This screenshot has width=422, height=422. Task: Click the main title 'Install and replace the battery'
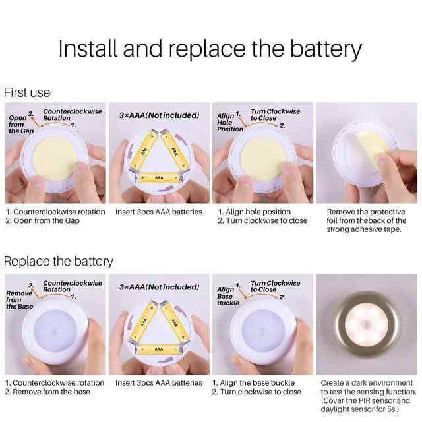[x=210, y=49]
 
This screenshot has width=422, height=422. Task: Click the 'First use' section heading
[x=27, y=92]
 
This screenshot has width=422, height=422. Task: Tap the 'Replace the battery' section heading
[x=59, y=262]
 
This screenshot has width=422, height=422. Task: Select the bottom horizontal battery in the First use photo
[x=159, y=177]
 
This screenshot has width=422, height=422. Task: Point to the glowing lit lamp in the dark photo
[x=367, y=324]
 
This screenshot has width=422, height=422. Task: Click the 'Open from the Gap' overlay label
[x=21, y=125]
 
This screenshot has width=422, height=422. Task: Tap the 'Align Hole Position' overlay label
[x=230, y=123]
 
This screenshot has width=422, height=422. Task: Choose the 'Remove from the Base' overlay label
[x=19, y=300]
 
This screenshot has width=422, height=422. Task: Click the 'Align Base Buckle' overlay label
[x=228, y=296]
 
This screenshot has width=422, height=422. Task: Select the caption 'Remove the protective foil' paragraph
[x=367, y=220]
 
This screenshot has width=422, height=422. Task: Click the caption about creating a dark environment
[x=369, y=396]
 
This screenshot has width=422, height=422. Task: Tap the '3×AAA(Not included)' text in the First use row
[x=159, y=115]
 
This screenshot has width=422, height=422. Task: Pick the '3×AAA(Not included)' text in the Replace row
[x=159, y=287]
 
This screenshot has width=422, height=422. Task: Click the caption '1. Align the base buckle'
[x=253, y=382]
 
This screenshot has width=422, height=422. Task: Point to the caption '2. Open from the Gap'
[x=42, y=220]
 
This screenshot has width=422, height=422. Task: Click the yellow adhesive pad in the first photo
[x=55, y=159]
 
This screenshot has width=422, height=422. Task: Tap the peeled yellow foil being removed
[x=372, y=150]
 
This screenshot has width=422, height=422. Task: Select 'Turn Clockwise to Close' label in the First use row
[x=275, y=115]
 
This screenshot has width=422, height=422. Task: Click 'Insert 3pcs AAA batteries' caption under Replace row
[x=158, y=382]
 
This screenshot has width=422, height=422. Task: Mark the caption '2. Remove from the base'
[x=47, y=392]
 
